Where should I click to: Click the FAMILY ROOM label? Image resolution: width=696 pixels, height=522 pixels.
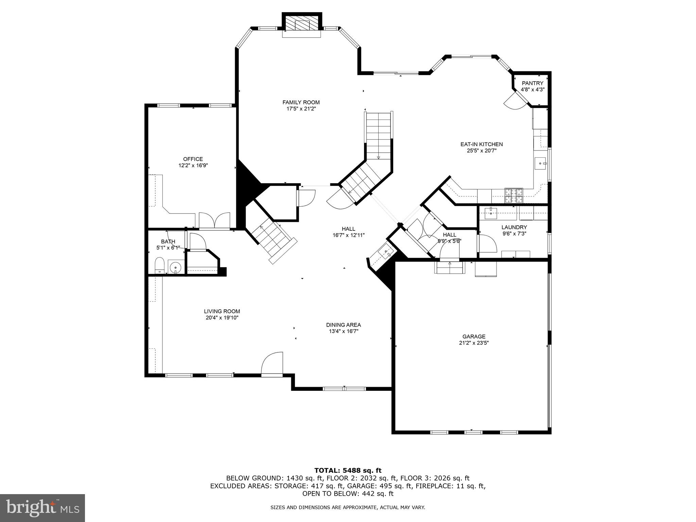[x=301, y=102]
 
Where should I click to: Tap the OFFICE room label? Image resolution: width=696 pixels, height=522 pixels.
[x=193, y=159]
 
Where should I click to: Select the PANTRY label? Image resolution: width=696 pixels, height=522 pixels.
[x=532, y=83]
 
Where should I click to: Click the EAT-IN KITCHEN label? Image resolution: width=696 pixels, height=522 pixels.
[x=481, y=144]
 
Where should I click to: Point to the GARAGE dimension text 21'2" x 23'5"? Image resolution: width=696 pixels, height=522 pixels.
[x=474, y=343]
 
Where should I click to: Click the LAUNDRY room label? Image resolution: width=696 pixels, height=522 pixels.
[x=514, y=227]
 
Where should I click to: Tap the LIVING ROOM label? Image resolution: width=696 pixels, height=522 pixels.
[x=222, y=311]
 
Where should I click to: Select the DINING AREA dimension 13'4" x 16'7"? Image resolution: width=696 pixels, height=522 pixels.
[x=343, y=331]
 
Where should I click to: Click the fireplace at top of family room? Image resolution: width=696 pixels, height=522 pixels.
[x=302, y=24]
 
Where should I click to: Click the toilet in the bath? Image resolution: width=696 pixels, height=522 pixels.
[x=159, y=265]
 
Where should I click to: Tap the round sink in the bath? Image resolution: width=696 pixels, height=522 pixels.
[x=175, y=267]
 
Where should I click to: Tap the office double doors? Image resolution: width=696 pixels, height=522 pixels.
[x=214, y=221]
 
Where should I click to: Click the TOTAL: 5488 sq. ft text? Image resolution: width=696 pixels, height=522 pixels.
[x=348, y=471]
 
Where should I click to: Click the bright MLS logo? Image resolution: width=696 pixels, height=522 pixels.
[x=42, y=508]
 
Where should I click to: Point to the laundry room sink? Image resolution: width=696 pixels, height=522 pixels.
[x=490, y=214]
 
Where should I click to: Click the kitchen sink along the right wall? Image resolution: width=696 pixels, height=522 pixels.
[x=540, y=163]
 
